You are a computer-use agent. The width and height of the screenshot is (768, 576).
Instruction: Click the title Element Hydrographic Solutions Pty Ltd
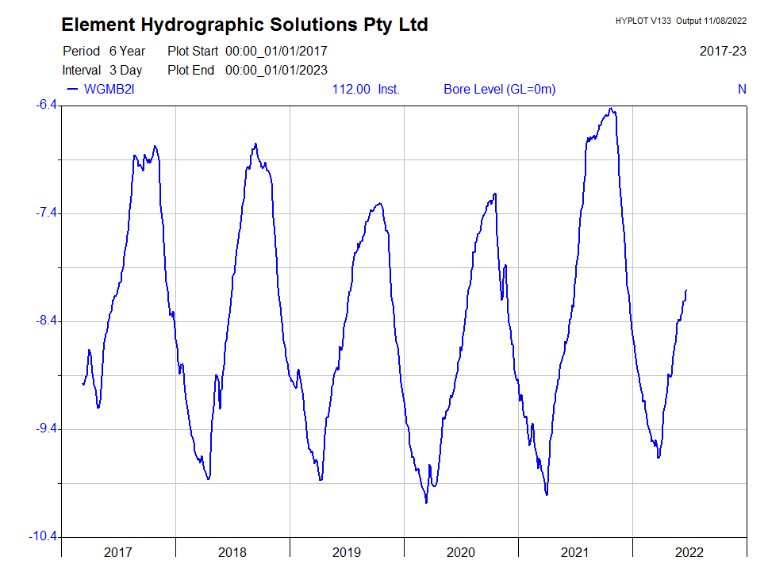tap(244, 25)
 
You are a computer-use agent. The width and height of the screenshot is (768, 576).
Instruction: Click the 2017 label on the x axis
tap(118, 552)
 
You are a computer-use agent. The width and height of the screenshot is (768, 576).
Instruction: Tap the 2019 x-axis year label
tap(347, 552)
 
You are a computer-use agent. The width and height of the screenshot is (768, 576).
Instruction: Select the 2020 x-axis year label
tap(461, 552)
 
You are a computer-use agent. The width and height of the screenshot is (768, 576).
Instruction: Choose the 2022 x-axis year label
tap(689, 552)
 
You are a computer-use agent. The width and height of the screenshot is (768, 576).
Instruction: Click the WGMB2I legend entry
tap(109, 89)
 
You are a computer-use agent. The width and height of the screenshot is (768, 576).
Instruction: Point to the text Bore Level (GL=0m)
tap(499, 89)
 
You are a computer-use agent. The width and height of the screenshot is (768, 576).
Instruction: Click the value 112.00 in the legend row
tap(351, 89)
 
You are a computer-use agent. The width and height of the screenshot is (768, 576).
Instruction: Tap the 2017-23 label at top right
tap(723, 51)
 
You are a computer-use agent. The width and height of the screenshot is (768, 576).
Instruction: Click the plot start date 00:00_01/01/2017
tap(276, 51)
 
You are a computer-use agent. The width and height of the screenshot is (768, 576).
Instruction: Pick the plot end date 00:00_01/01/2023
tap(276, 70)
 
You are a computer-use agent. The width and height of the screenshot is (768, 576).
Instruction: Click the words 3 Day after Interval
tap(125, 70)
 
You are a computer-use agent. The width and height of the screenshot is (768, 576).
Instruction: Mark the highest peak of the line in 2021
tap(611, 109)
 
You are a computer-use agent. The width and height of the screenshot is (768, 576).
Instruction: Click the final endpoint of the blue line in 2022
tap(686, 290)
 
